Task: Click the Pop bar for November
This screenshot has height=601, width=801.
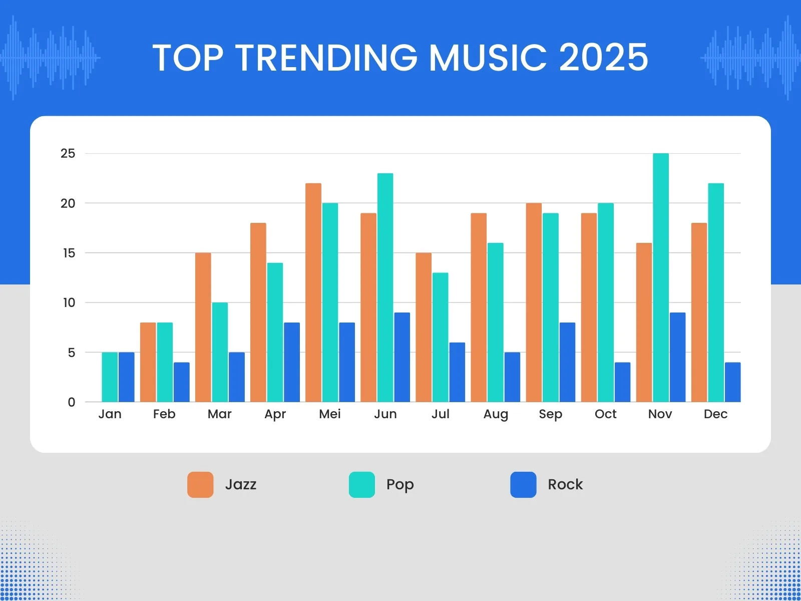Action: pos(661,278)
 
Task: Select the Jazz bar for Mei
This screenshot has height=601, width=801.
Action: pos(313,293)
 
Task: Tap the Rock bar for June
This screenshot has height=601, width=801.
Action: pos(402,357)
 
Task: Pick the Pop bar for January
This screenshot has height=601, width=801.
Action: pos(110,377)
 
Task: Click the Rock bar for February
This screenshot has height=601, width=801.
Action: pos(182,382)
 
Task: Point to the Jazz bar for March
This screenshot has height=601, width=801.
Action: pos(203,328)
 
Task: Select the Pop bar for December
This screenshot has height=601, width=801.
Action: pos(716,293)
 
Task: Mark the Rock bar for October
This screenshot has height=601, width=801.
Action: pos(622,382)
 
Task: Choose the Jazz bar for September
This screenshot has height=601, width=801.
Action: pos(534,303)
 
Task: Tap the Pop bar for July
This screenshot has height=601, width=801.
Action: pos(440,338)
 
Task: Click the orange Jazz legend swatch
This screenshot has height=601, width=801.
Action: pos(200,484)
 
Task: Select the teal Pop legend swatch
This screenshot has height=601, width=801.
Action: pos(361,484)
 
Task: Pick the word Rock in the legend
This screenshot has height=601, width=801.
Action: pos(565,484)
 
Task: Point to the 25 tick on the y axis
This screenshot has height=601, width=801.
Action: pos(68,154)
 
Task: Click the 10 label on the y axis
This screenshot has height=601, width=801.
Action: pos(69,303)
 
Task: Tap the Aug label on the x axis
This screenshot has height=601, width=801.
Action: pos(496,414)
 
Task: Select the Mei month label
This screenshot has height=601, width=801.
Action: pos(330,414)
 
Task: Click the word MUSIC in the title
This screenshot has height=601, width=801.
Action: pos(488,58)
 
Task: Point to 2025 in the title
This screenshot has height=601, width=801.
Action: pos(603,58)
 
